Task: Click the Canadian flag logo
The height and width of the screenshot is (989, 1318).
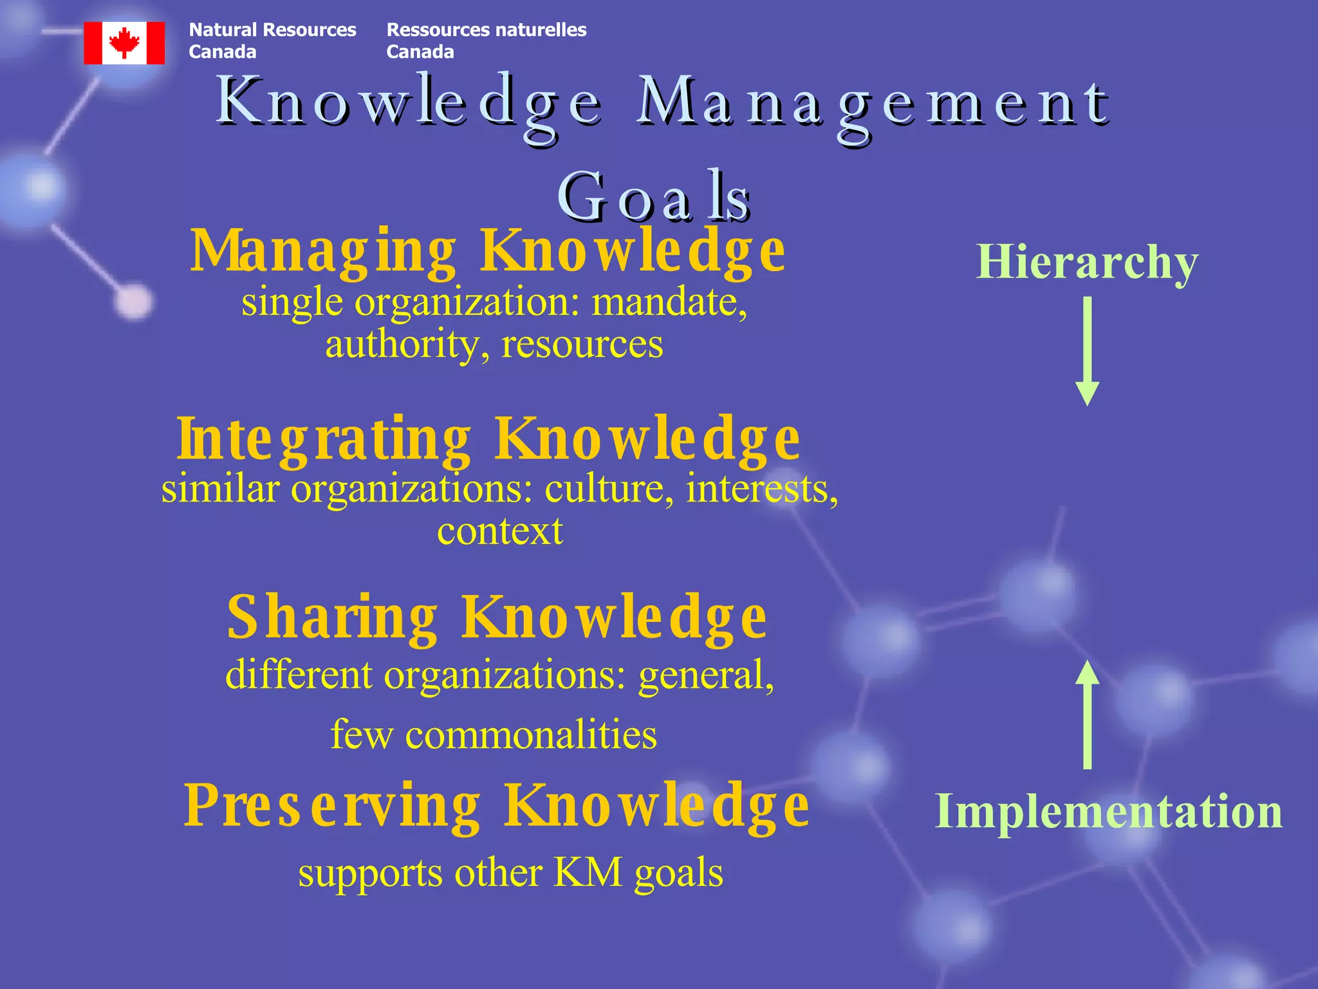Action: (x=124, y=43)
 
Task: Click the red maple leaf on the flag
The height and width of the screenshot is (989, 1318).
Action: (x=124, y=42)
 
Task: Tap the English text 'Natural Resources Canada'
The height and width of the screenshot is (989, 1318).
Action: (x=272, y=41)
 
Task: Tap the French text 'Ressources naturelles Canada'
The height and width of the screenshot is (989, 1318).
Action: (x=486, y=41)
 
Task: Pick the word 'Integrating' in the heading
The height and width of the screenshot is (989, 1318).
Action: (x=324, y=440)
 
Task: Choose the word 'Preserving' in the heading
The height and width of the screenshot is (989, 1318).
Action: (x=332, y=806)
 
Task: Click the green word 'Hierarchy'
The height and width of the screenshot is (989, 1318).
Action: (x=1087, y=263)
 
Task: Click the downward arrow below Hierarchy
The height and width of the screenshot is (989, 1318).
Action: (x=1087, y=351)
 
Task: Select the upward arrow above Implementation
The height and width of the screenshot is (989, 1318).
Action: (x=1087, y=715)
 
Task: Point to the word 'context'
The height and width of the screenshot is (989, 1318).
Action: (x=500, y=531)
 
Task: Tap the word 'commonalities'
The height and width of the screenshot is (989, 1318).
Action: (x=531, y=735)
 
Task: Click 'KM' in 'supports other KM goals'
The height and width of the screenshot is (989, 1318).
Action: (x=588, y=873)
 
